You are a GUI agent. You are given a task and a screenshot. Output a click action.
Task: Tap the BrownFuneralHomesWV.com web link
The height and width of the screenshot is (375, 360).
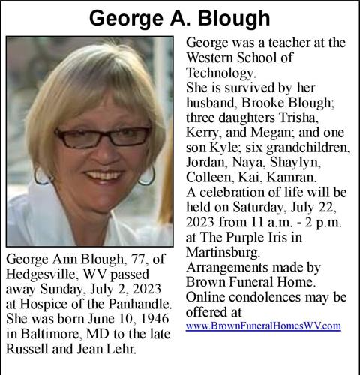pos(263,325)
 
